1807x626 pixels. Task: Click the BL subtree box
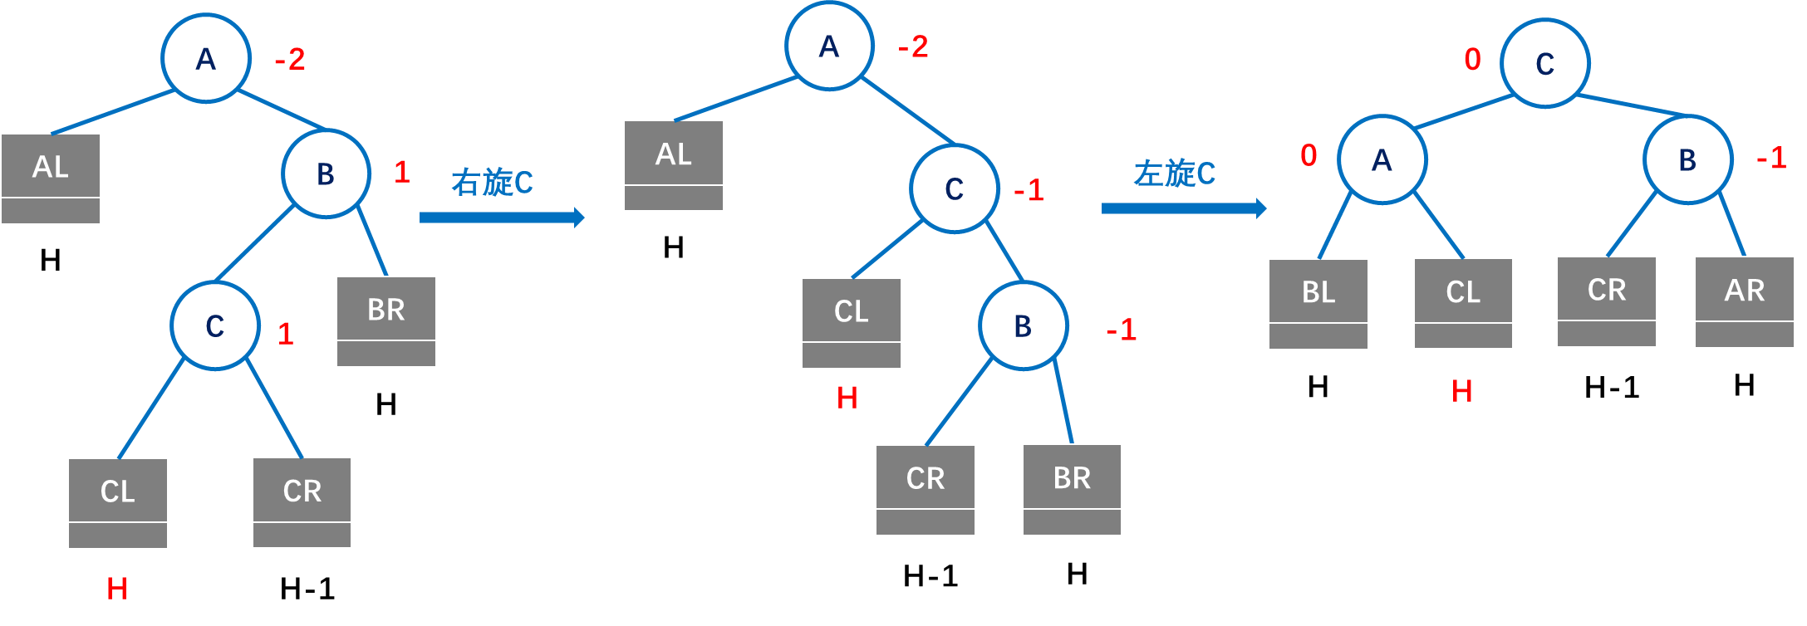point(1318,303)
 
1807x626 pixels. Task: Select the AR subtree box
point(1744,301)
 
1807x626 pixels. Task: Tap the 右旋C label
point(492,183)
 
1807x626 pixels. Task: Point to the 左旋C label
point(1174,174)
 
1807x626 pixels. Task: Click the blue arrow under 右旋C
point(501,218)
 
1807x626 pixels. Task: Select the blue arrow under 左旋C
point(1183,208)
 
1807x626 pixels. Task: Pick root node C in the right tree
point(1544,63)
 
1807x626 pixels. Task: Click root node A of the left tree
point(206,58)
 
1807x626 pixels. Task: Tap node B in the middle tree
point(1023,325)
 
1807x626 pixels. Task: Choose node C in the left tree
point(214,325)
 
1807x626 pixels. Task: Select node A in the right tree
point(1382,159)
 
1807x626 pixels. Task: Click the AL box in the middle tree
point(673,165)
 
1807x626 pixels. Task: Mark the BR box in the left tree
point(385,320)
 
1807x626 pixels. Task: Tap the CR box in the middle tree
point(925,489)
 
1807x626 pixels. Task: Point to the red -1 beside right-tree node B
point(1770,158)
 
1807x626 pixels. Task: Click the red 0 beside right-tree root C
point(1472,59)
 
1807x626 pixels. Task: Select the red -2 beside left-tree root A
point(290,59)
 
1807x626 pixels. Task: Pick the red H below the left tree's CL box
point(117,589)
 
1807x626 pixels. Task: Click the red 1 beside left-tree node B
point(402,172)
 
